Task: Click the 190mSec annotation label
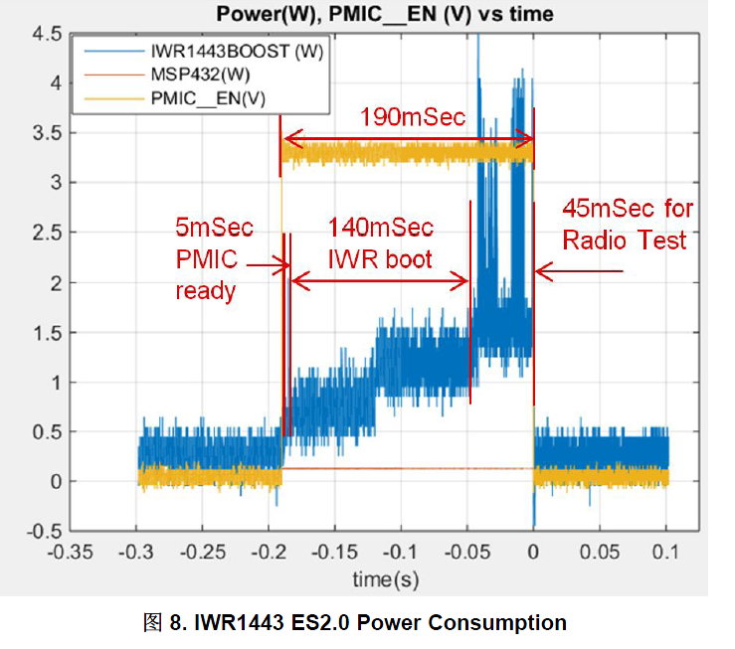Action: click(412, 116)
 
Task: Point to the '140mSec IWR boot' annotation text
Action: click(381, 243)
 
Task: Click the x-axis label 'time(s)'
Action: click(383, 578)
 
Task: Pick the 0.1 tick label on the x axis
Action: click(666, 551)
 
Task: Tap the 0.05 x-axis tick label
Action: click(601, 551)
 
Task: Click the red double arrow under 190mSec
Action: click(409, 138)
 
